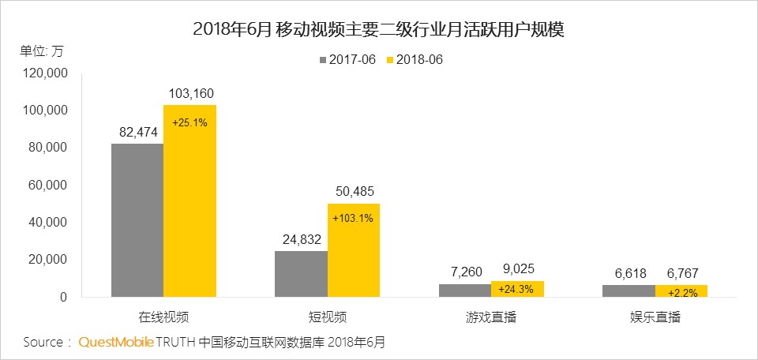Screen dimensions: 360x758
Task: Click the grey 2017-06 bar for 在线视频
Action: pyautogui.click(x=137, y=220)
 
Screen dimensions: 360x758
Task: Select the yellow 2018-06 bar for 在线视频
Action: pyautogui.click(x=189, y=201)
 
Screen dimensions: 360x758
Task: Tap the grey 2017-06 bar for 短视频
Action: pyautogui.click(x=301, y=274)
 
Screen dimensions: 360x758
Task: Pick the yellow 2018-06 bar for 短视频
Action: pyautogui.click(x=354, y=250)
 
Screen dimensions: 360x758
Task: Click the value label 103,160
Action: pyautogui.click(x=190, y=94)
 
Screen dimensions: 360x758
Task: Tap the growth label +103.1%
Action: pyautogui.click(x=353, y=218)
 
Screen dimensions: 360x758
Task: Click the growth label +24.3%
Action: pyautogui.click(x=516, y=289)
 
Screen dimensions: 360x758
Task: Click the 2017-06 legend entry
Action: pyautogui.click(x=347, y=59)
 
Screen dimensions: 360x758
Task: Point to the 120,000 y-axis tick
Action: pyautogui.click(x=47, y=73)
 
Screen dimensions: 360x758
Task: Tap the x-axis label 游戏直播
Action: pyautogui.click(x=490, y=317)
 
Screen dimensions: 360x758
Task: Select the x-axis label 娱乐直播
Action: pyautogui.click(x=654, y=317)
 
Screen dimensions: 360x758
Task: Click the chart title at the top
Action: pyautogui.click(x=378, y=30)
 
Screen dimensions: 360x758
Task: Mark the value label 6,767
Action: pyautogui.click(x=681, y=273)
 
